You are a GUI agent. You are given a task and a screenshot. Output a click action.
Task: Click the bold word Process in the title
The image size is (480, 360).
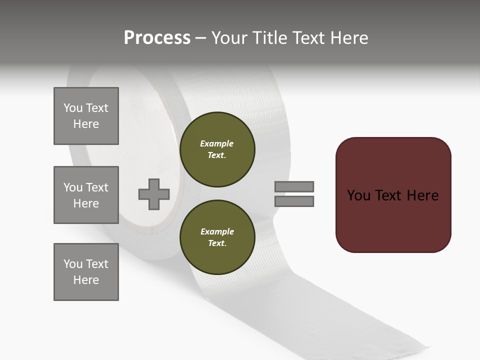157,38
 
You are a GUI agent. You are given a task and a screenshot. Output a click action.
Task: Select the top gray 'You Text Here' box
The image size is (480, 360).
86,116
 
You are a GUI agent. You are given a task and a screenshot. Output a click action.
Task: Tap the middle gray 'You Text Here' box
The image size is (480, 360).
86,195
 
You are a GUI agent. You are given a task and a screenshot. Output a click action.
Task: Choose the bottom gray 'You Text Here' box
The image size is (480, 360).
86,272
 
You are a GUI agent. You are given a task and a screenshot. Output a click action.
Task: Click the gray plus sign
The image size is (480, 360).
154,194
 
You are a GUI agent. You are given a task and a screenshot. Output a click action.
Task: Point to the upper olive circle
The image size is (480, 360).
217,149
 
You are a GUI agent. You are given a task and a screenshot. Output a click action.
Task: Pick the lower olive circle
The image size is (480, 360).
217,237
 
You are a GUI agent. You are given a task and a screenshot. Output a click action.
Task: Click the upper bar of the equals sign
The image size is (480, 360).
294,186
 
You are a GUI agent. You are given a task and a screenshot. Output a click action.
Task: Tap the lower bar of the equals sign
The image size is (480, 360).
294,201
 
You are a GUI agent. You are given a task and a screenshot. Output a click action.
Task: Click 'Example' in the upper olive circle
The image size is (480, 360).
216,143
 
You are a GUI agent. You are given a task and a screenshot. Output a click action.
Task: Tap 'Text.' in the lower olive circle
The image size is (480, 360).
217,243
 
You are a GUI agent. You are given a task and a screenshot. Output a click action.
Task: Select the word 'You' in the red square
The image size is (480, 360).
359,195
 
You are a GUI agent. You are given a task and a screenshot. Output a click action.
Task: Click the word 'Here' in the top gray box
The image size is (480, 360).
86,124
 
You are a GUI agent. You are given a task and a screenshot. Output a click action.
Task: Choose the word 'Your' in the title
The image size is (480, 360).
228,38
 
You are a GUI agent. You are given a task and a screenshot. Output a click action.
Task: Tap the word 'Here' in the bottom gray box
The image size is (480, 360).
86,280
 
